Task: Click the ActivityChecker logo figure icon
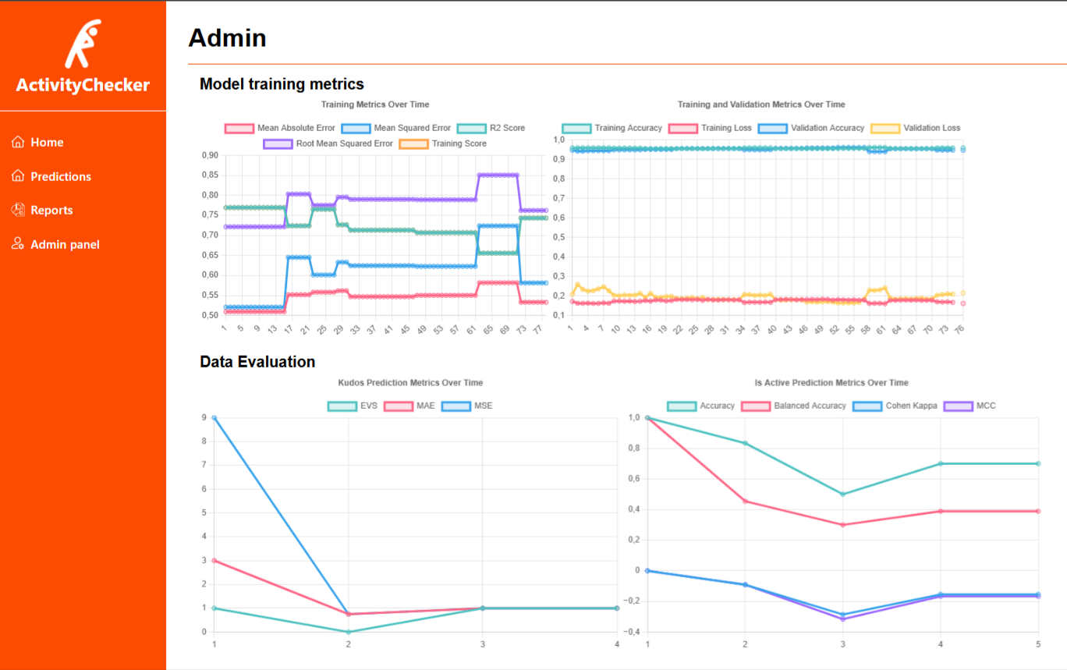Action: pyautogui.click(x=83, y=44)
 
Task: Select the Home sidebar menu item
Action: pyautogui.click(x=47, y=143)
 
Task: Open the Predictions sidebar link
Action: pyautogui.click(x=60, y=177)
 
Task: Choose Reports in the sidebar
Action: pyautogui.click(x=51, y=211)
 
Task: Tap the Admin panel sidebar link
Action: pyautogui.click(x=65, y=245)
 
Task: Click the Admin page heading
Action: pyautogui.click(x=227, y=37)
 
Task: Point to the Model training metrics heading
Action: pyautogui.click(x=282, y=84)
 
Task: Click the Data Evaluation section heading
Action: pyautogui.click(x=257, y=362)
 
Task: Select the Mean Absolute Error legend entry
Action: pyautogui.click(x=280, y=128)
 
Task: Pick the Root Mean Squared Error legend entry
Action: pyautogui.click(x=328, y=144)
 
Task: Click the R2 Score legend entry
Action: pyautogui.click(x=491, y=128)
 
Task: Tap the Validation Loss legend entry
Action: pyautogui.click(x=916, y=128)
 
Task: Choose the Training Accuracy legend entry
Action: pyautogui.click(x=612, y=128)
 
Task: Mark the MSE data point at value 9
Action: pyautogui.click(x=214, y=418)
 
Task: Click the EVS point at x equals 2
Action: pyautogui.click(x=348, y=632)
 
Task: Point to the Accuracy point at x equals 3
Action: pyautogui.click(x=842, y=494)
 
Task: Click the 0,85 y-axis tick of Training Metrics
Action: pyautogui.click(x=208, y=175)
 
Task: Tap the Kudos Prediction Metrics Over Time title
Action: pyautogui.click(x=410, y=383)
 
